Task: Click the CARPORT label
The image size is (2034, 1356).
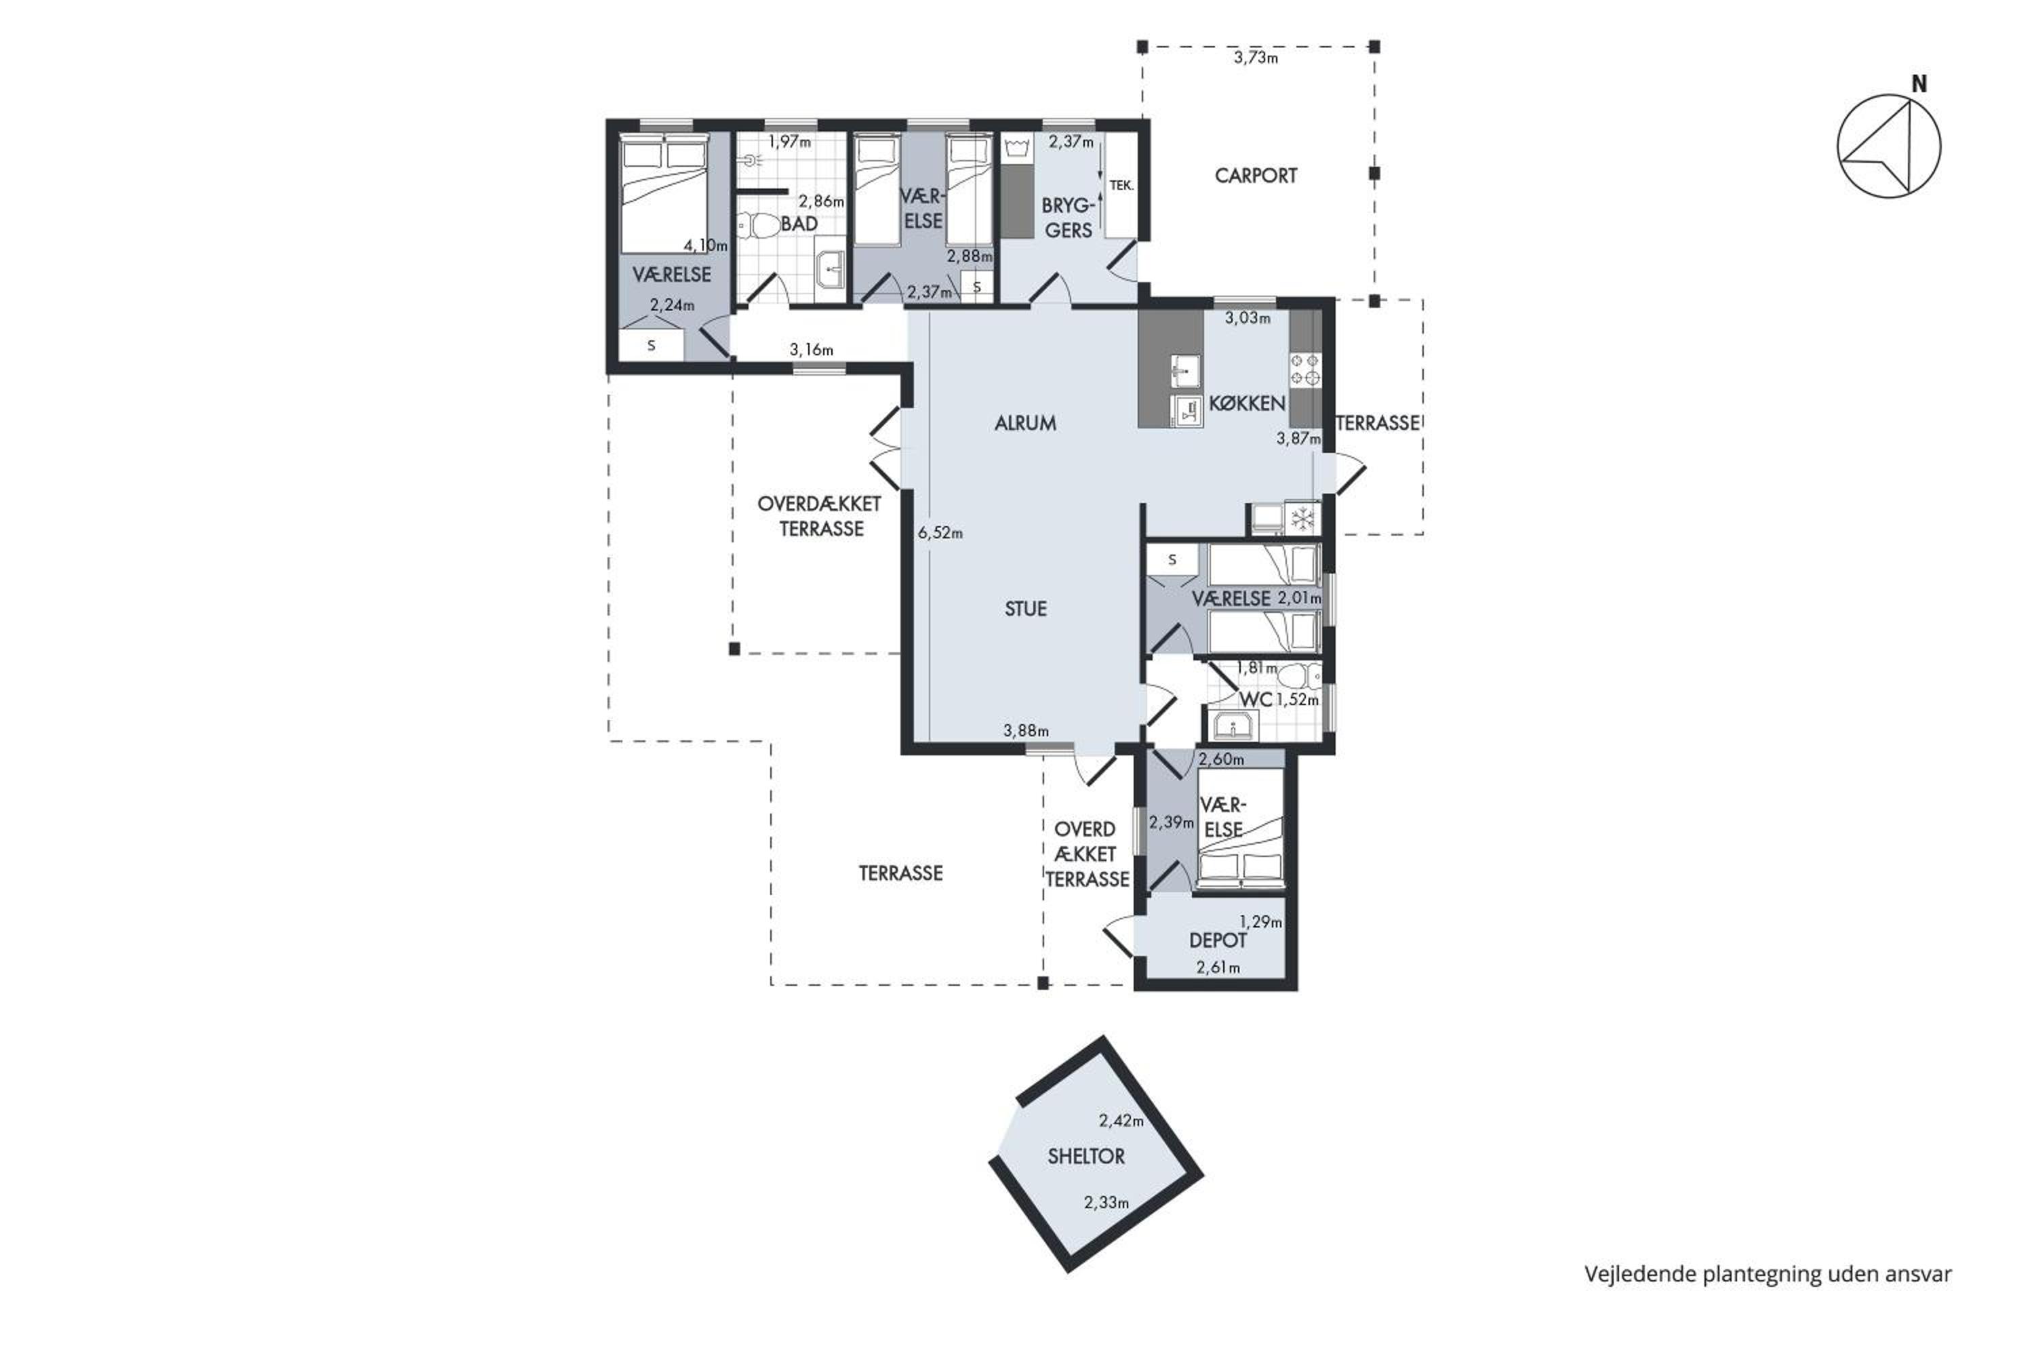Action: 1256,176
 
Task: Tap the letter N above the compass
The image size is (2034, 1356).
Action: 1919,84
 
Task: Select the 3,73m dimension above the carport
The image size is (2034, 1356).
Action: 1256,58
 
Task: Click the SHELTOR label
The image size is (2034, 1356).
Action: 1086,1156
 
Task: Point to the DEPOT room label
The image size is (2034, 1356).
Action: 1218,940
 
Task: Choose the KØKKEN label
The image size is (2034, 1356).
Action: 1246,403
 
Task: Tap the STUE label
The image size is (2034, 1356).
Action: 1026,609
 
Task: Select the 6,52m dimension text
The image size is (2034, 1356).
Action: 940,534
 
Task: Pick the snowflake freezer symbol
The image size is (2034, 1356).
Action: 1302,519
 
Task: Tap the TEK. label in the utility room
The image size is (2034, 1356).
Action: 1121,185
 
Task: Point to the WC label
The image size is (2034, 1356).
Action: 1256,699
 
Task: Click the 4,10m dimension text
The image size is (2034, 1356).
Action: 706,245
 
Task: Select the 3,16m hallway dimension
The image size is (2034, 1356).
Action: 811,351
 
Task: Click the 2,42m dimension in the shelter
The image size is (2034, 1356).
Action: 1121,1121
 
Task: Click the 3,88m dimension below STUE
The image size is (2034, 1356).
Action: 1026,731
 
